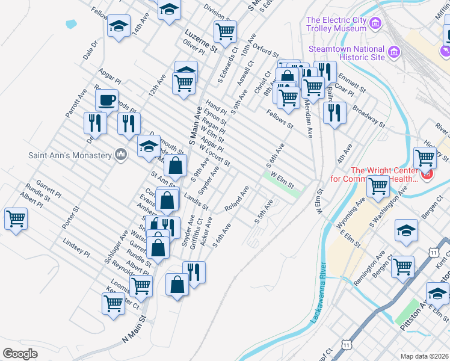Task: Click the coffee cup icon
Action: click(x=106, y=100)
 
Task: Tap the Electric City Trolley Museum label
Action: click(x=336, y=24)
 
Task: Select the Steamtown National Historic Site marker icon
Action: click(x=395, y=52)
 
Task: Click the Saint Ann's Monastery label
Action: click(x=70, y=155)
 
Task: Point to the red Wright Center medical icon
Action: click(x=427, y=174)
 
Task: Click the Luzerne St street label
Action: click(x=201, y=40)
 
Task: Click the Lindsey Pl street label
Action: click(x=76, y=248)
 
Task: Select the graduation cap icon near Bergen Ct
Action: click(x=406, y=230)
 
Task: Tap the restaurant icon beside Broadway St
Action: click(x=334, y=112)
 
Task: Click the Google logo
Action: click(x=20, y=353)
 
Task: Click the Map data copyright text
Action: click(x=425, y=356)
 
